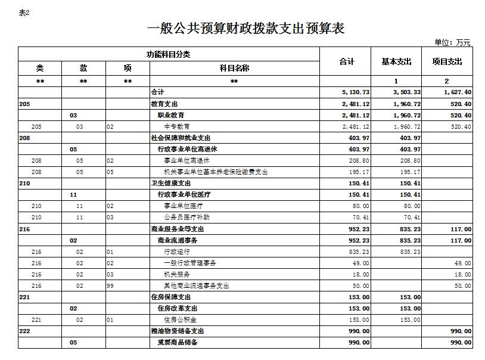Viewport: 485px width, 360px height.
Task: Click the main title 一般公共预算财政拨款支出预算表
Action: pyautogui.click(x=245, y=28)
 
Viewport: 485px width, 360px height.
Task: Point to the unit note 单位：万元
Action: pyautogui.click(x=452, y=42)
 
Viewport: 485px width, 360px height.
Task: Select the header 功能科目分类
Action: pyautogui.click(x=169, y=54)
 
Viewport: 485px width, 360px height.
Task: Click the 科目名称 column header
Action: pyautogui.click(x=234, y=68)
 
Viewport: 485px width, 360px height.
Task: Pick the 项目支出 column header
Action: pyautogui.click(x=447, y=61)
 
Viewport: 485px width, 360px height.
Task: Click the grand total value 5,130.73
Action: pyautogui.click(x=356, y=92)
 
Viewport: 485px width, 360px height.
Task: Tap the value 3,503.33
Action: pyautogui.click(x=407, y=92)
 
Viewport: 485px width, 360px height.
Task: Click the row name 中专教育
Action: pyautogui.click(x=177, y=126)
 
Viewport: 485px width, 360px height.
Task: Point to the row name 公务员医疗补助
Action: pyautogui.click(x=186, y=218)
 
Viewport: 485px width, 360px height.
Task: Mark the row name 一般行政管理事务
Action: pyautogui.click(x=190, y=263)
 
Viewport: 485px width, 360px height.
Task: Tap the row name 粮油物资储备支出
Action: pyautogui.click(x=178, y=331)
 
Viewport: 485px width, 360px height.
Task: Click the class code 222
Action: pyautogui.click(x=24, y=331)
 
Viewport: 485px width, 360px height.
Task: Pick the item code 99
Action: pyautogui.click(x=110, y=285)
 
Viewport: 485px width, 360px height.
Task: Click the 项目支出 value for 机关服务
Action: pyautogui.click(x=463, y=274)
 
